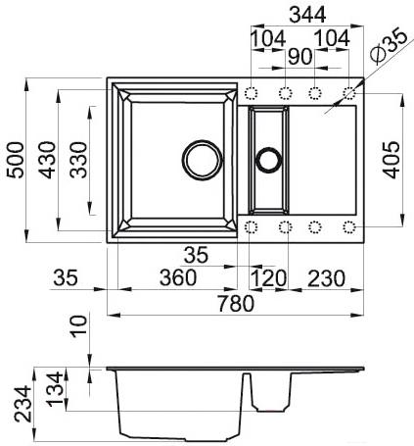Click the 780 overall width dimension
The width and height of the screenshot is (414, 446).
coord(236,303)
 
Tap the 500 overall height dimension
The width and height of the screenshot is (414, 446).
coord(16,160)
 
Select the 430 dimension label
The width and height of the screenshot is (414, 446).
coord(47,160)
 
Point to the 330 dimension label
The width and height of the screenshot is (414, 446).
coord(78,160)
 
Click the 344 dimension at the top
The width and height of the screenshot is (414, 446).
coord(307,15)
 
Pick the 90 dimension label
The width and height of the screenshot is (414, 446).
coord(299,57)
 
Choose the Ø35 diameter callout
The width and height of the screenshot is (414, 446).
coord(389,47)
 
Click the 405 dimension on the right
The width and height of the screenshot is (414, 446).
coord(391,160)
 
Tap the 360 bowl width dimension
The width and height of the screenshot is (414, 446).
coord(178,277)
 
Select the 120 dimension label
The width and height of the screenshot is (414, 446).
coord(268,278)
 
